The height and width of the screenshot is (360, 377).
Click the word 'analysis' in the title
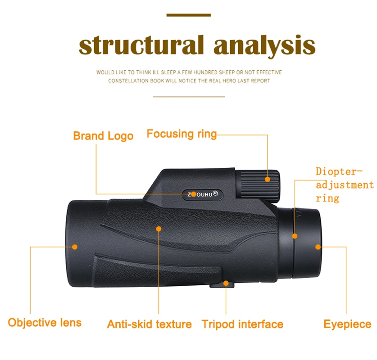tap(264, 45)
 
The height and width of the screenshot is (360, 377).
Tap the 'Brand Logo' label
tap(103, 136)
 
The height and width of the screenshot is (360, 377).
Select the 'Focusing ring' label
tap(182, 134)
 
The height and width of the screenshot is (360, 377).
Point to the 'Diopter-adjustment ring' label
tap(344, 184)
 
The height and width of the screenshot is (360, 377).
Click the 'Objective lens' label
tap(45, 322)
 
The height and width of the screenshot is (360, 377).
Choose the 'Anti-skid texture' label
tap(149, 324)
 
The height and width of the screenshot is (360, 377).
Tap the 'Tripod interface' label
tap(242, 324)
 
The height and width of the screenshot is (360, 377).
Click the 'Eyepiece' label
tap(347, 324)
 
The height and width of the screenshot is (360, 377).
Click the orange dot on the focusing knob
tap(268, 179)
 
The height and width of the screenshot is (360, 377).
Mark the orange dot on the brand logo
tap(193, 194)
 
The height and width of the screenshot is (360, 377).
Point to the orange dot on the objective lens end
tap(75, 246)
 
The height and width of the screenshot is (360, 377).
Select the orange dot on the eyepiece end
tap(318, 247)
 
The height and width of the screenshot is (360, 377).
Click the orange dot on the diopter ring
tap(295, 236)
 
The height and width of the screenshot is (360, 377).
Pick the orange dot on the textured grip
tap(159, 229)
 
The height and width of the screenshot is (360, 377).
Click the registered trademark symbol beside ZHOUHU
tap(215, 193)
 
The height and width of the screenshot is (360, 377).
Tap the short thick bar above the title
tap(188, 15)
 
